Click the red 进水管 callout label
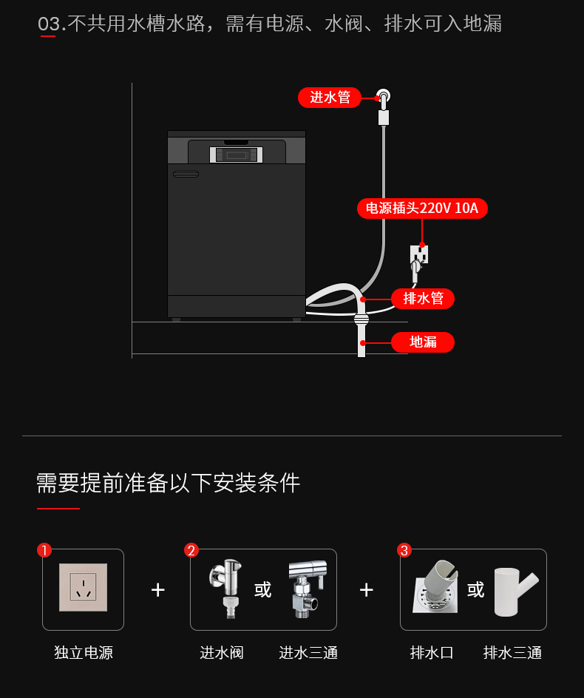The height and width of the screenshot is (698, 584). tap(330, 98)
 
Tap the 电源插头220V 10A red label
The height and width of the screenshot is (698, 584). tap(422, 208)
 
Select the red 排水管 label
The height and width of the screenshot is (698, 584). tap(423, 299)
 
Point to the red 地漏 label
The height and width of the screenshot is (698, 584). tap(423, 342)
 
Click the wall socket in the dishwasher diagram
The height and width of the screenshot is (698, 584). tap(419, 255)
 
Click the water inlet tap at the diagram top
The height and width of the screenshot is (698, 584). tap(383, 98)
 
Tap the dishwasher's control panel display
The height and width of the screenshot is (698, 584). tap(237, 155)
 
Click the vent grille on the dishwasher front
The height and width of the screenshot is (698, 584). tap(186, 174)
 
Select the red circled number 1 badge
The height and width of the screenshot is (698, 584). tap(44, 550)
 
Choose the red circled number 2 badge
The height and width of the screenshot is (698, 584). tap(191, 550)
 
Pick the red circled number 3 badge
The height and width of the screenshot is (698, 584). tap(404, 550)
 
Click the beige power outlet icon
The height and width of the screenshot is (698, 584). tap(83, 587)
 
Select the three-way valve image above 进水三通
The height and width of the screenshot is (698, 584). tap(305, 588)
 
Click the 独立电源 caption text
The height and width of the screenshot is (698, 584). tap(84, 653)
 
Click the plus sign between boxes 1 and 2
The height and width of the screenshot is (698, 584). tap(157, 589)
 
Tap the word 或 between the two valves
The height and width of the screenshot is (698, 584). tap(263, 589)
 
